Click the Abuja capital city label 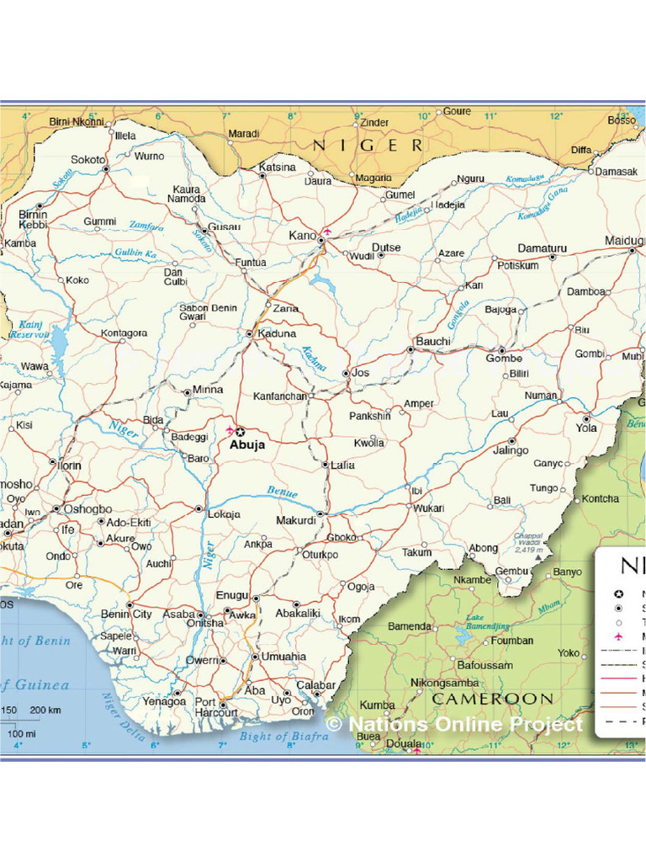coord(246,445)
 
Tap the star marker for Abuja coord(240,432)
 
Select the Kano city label coord(302,235)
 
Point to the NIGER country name coord(368,146)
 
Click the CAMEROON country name coord(492,699)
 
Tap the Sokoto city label coord(87,159)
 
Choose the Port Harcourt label coord(216,707)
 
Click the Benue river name coord(282,491)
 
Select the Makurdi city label coord(296,520)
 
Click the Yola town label coord(585,428)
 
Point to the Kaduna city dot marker coord(249,334)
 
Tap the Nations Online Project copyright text coord(454,724)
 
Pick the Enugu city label coord(232,595)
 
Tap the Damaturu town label coord(542,248)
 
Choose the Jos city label coord(360,372)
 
